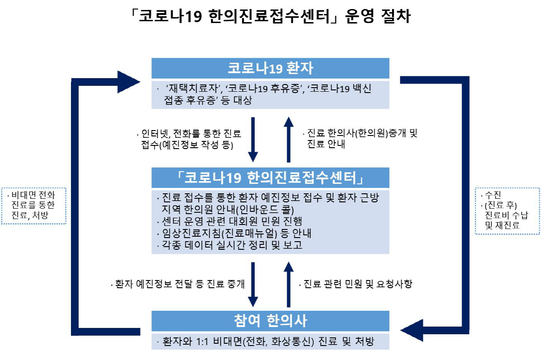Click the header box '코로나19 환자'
(270, 68)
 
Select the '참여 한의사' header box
(270, 321)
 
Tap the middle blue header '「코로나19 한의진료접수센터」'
(270, 178)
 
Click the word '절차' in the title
(396, 16)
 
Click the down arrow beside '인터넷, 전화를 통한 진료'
(253, 140)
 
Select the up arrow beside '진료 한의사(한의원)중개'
(289, 140)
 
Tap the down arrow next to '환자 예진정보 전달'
(253, 285)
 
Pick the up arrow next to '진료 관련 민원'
(289, 285)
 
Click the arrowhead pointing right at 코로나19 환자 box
(128, 82)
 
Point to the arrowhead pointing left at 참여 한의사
(412, 330)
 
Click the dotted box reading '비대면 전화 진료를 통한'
(33, 206)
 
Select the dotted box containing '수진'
(507, 211)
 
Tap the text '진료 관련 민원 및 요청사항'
(356, 284)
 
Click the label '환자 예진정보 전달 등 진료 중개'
(178, 284)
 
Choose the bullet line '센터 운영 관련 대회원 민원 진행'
(229, 221)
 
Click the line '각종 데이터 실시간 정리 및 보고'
(229, 245)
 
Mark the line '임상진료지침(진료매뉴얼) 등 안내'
(234, 233)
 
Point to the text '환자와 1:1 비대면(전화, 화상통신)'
(238, 341)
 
